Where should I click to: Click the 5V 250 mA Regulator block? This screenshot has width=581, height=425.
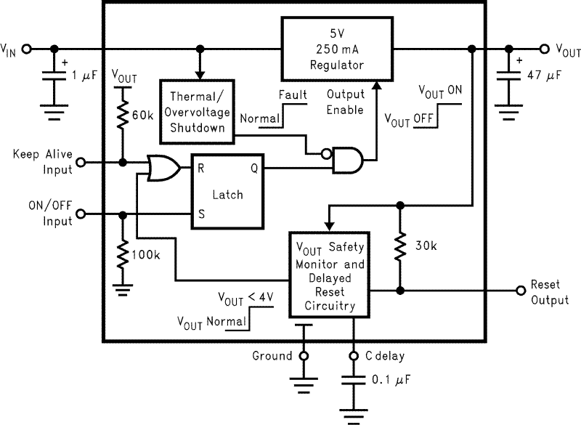[336, 50]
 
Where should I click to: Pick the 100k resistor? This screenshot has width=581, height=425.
[122, 256]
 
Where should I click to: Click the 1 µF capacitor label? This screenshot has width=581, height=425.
[86, 75]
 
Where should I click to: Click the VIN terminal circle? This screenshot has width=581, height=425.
[28, 49]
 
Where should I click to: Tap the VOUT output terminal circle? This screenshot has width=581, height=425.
[544, 49]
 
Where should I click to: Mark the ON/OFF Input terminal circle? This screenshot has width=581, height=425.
[81, 214]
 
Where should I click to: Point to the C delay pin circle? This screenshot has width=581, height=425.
[354, 356]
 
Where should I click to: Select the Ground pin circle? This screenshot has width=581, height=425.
[304, 356]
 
